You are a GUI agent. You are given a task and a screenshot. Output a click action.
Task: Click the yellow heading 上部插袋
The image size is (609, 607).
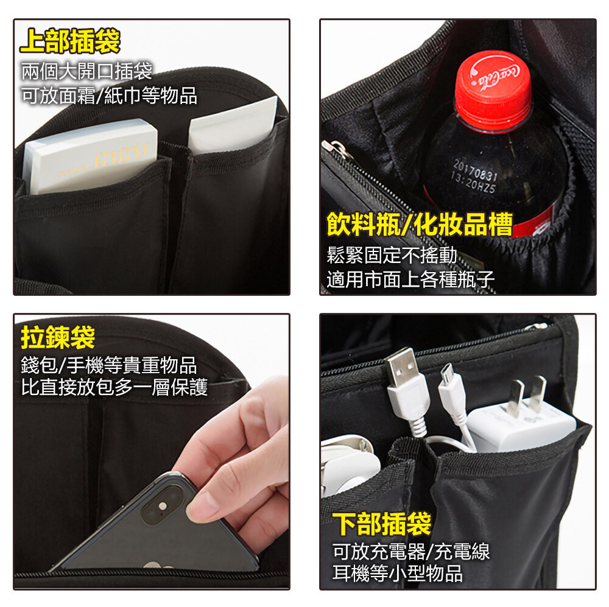pyautogui.click(x=70, y=41)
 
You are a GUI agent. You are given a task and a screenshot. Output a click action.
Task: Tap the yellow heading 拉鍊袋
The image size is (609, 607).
pyautogui.click(x=58, y=337)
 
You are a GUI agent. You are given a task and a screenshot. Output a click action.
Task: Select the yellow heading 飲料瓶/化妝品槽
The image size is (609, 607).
pyautogui.click(x=420, y=224)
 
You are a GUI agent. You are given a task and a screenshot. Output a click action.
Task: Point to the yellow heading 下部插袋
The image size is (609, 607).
pyautogui.click(x=382, y=524)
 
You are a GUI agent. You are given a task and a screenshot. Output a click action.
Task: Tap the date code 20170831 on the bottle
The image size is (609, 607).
pyautogui.click(x=475, y=171)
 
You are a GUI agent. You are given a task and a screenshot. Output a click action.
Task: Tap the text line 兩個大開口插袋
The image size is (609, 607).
pyautogui.click(x=86, y=71)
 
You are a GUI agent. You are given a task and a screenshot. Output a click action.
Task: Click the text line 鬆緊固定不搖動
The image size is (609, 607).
pyautogui.click(x=392, y=255)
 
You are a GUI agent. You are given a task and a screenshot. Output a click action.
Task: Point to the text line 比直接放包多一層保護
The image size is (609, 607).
pyautogui.click(x=114, y=387)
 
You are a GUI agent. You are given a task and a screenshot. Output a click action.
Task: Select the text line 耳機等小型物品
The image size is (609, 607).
pyautogui.click(x=397, y=574)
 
